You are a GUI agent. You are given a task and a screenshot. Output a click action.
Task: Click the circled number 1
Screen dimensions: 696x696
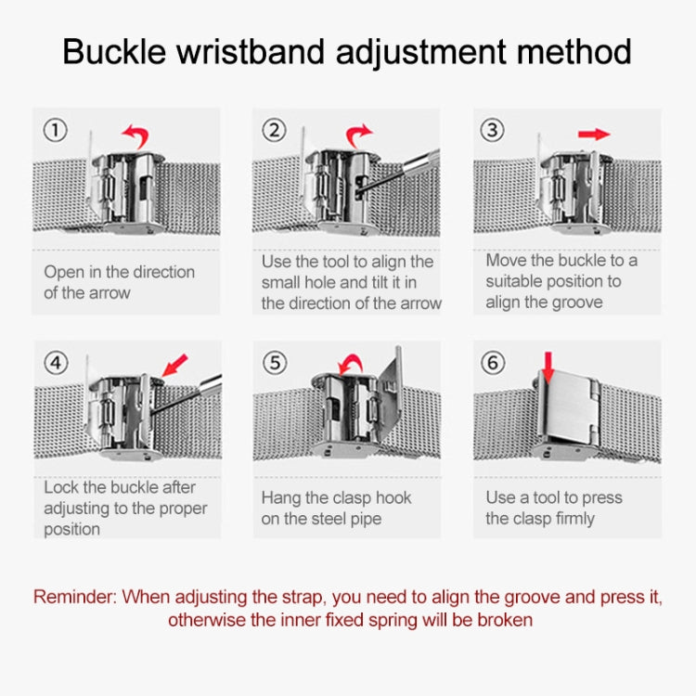57,131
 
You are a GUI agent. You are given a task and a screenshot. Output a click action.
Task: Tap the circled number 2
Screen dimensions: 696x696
273,131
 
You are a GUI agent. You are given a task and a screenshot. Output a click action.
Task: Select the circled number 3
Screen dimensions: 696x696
493,131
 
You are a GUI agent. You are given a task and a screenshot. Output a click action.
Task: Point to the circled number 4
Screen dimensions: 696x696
57,363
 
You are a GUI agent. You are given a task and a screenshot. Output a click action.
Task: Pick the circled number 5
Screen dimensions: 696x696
275,363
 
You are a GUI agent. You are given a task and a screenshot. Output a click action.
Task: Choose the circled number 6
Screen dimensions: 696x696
493,363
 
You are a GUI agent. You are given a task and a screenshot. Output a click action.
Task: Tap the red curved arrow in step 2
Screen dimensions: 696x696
358,135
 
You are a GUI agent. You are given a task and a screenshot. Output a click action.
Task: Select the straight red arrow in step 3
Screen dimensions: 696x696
594,135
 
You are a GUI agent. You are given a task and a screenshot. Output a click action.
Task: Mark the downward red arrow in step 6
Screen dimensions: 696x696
548,367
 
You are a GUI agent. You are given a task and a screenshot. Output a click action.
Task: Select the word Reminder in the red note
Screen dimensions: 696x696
75,597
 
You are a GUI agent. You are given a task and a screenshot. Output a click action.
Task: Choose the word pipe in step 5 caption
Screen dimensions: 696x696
364,519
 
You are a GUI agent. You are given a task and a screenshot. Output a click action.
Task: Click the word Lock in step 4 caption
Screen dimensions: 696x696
61,488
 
